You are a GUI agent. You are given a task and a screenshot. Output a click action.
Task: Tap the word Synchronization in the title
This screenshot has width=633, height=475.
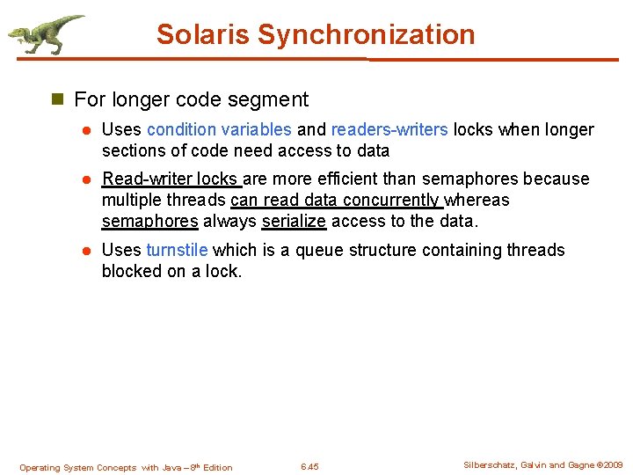pyautogui.click(x=366, y=35)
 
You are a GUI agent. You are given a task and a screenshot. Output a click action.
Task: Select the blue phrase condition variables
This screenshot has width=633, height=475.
pyautogui.click(x=219, y=130)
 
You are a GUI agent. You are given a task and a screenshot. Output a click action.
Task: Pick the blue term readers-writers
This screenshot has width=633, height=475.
pyautogui.click(x=389, y=130)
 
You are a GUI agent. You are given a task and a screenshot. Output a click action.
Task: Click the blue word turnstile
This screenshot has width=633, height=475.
pyautogui.click(x=178, y=251)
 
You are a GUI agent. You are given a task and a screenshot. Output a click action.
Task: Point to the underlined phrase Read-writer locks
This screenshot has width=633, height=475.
pyautogui.click(x=171, y=179)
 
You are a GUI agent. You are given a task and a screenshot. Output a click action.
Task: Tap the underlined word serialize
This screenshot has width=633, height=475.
pyautogui.click(x=294, y=222)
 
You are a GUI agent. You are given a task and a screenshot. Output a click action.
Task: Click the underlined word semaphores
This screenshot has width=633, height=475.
pyautogui.click(x=149, y=222)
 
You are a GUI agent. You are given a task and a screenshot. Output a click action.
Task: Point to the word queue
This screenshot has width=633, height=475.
pyautogui.click(x=320, y=251)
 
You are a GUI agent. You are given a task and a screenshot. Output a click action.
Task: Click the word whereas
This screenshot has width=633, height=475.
pyautogui.click(x=478, y=201)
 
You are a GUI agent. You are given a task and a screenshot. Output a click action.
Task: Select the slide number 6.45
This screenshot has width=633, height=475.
pyautogui.click(x=309, y=467)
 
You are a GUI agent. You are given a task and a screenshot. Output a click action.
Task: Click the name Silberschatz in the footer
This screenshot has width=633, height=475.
pyautogui.click(x=491, y=465)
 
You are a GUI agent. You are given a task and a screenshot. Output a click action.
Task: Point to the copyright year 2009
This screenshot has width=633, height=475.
pyautogui.click(x=613, y=465)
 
